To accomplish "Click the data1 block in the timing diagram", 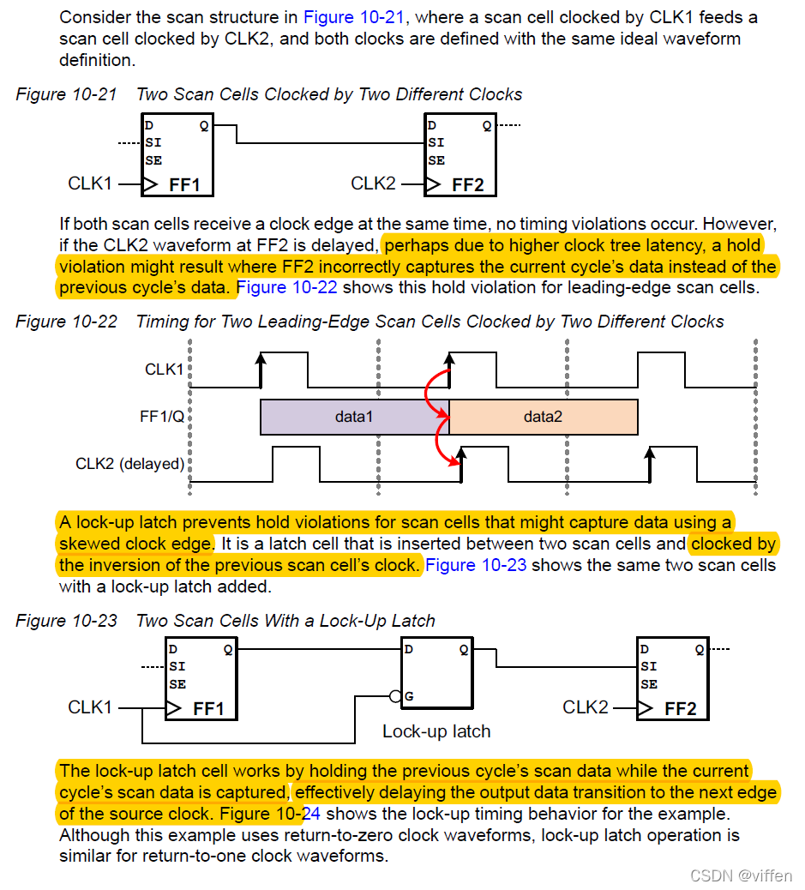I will pos(354,417).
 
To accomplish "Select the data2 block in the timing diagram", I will pos(543,417).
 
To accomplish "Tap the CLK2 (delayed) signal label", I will pos(129,464).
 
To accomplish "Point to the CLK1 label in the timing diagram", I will pos(164,370).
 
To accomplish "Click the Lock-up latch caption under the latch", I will pos(436,731).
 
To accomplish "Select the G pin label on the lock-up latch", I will pos(409,696).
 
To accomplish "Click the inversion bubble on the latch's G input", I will pos(396,696).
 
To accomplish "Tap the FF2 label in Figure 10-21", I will pos(467,184).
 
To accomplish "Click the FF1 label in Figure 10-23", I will pos(208,709).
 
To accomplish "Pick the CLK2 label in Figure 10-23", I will pos(586,707).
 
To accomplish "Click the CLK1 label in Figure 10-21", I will pos(90,183).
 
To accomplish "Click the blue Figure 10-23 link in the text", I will pos(476,565).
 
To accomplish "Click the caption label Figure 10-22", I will pos(67,322).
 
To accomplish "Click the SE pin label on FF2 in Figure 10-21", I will pos(436,160).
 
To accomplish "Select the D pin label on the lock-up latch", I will pos(408,649).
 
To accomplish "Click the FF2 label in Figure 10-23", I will pos(680,709).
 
